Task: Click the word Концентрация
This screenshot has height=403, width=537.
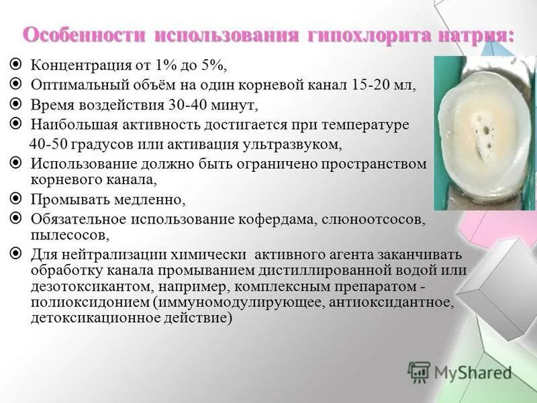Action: click(x=77, y=65)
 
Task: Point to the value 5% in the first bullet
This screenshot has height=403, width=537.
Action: click(x=213, y=65)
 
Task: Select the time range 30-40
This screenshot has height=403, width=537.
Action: click(x=185, y=105)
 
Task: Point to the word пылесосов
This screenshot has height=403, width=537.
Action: click(x=68, y=234)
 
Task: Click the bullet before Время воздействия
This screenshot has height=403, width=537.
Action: click(x=18, y=105)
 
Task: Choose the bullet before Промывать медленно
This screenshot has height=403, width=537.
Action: click(x=18, y=199)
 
